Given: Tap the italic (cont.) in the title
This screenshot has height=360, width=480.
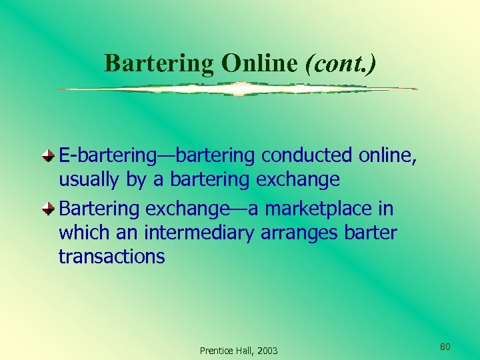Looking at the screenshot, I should point(340,63).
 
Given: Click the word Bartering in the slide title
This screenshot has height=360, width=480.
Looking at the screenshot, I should point(159,63).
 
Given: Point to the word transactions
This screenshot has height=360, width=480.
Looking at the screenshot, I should point(111,257).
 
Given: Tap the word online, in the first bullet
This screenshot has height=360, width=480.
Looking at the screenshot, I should point(388,155).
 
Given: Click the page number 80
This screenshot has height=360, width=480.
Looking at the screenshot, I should point(446,346).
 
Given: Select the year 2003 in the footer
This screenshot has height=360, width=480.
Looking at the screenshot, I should point(267,351).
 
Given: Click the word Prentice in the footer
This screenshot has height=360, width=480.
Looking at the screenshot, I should point(215,351).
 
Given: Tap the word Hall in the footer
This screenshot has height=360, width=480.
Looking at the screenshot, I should point(244,351).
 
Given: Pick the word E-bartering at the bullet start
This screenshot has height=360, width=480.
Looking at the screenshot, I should point(107,155).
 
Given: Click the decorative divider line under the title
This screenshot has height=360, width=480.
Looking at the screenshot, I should point(237,89).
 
